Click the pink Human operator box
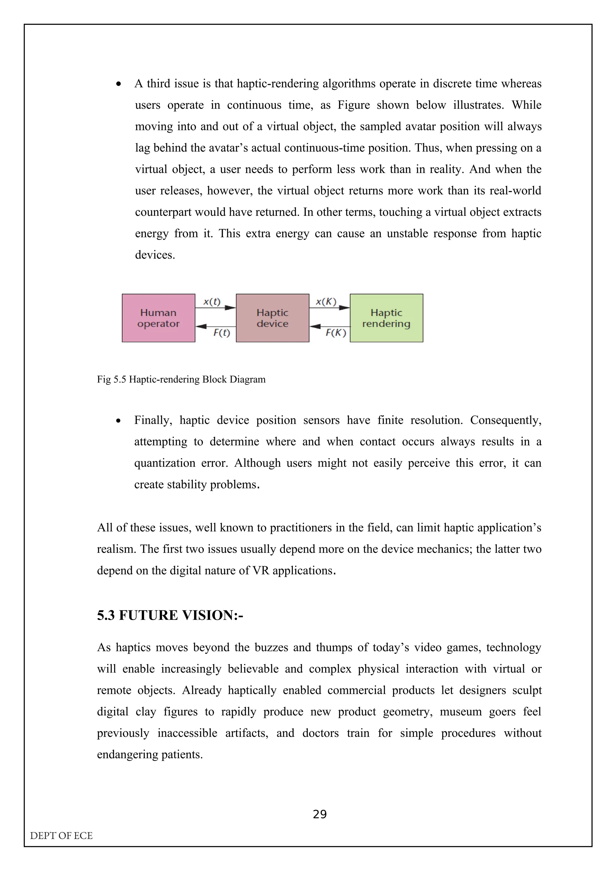158,318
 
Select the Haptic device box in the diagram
272,318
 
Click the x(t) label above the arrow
212,301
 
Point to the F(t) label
222,333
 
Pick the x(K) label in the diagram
326,301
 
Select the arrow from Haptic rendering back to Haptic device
329,326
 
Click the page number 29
319,814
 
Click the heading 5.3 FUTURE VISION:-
170,615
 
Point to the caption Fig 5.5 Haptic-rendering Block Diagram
181,379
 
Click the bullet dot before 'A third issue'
119,84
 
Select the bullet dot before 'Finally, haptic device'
119,421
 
